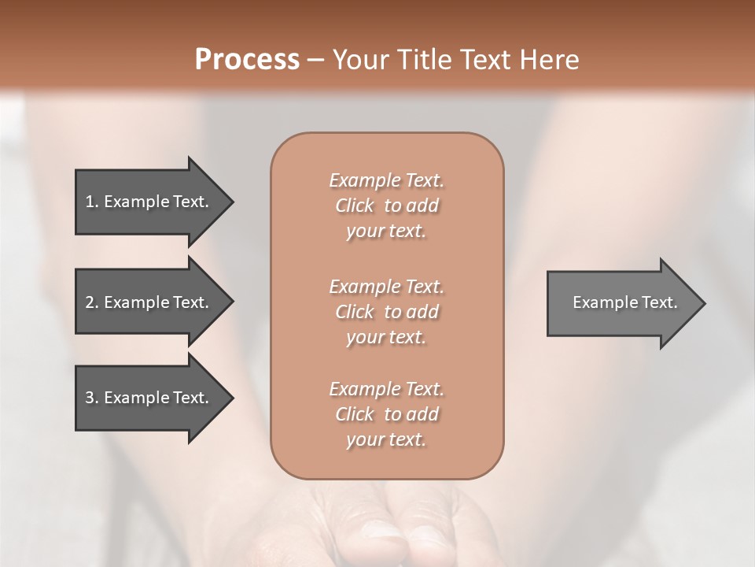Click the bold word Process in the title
tap(247, 60)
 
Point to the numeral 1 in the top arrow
tap(90, 202)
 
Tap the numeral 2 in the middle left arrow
tap(90, 302)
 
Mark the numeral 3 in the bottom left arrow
tap(90, 398)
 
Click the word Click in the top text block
tap(355, 206)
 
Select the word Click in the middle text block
tap(355, 312)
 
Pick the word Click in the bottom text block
tap(355, 414)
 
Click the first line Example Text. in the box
tap(386, 180)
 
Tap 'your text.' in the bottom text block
tap(386, 439)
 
